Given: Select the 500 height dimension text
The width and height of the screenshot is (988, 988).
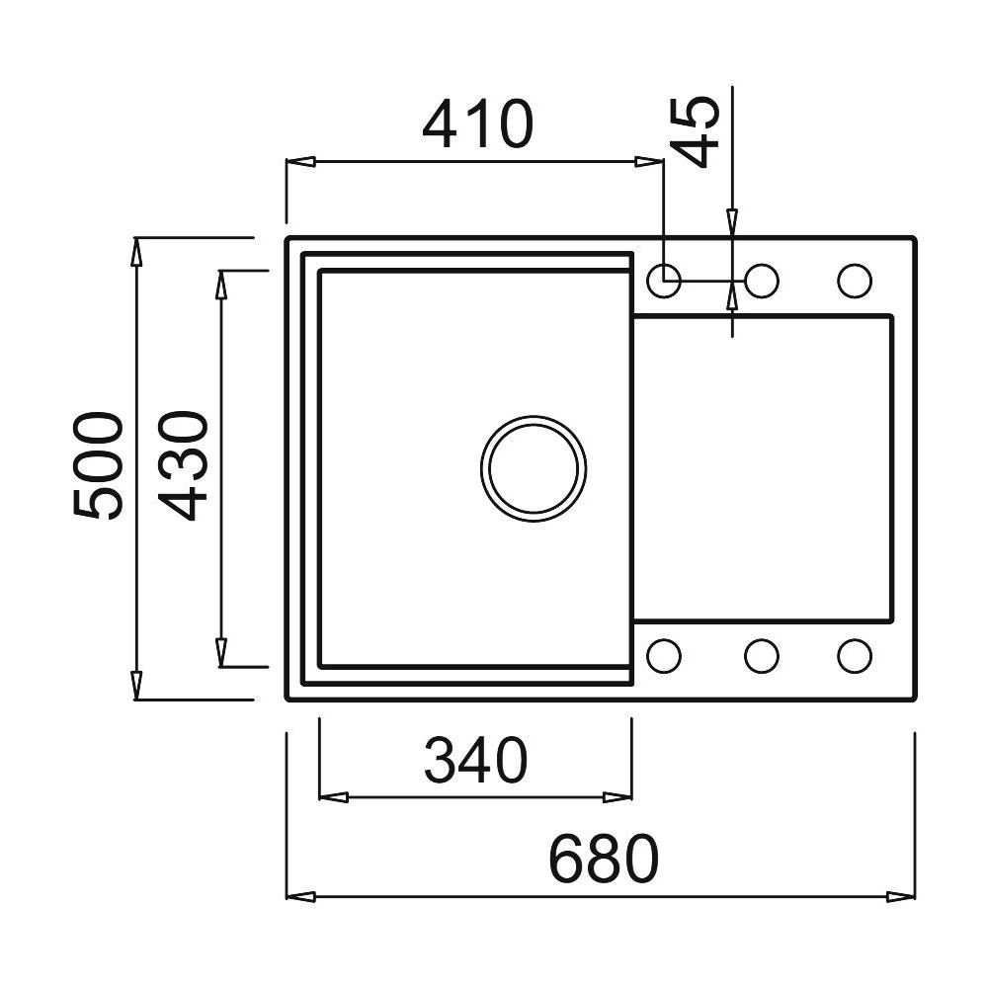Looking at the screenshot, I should point(98,467).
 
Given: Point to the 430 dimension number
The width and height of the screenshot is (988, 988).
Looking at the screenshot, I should point(184,467).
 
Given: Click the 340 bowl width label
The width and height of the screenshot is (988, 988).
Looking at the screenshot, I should point(476,762).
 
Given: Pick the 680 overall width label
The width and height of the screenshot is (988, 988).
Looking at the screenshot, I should point(603,859).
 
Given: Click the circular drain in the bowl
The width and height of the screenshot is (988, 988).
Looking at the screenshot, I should point(534,466).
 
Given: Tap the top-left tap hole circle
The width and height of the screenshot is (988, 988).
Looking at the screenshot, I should point(664,281).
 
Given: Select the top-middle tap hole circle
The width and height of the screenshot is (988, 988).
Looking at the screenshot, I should point(761,281).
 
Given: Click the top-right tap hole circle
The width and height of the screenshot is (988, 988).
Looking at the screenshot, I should point(855,281).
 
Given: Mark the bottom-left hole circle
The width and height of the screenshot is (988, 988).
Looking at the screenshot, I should point(664,654).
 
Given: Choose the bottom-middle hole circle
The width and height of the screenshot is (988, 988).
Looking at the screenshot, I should point(761,654).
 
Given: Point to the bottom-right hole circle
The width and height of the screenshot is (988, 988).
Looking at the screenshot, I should point(855,654).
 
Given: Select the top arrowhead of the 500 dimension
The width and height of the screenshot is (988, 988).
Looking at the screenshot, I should point(136,253).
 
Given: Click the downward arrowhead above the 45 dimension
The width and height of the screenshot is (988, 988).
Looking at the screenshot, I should point(732,221).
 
